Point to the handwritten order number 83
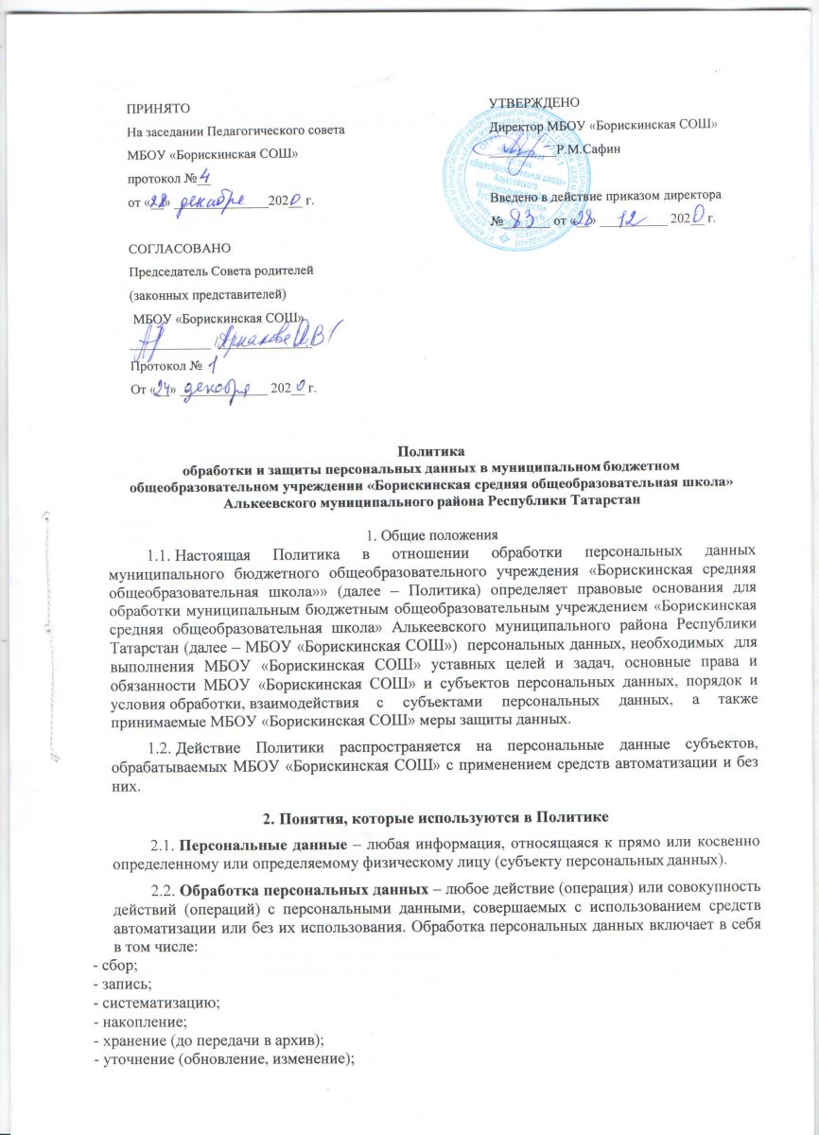[x=521, y=218]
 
